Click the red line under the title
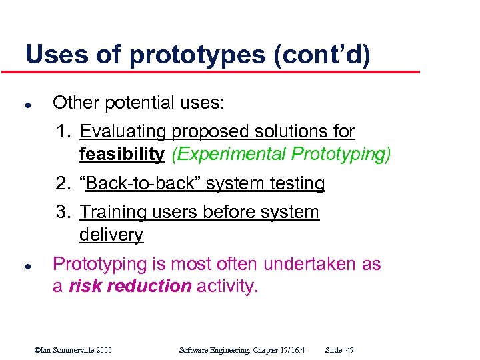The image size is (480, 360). [x=220, y=71]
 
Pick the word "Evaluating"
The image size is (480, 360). [x=123, y=131]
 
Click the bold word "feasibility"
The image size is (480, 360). [x=121, y=154]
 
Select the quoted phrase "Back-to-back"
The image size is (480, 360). [x=140, y=183]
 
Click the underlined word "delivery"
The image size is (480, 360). [x=111, y=235]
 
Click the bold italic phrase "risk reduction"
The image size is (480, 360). [x=130, y=287]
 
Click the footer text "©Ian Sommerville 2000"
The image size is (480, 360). [x=73, y=349]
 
